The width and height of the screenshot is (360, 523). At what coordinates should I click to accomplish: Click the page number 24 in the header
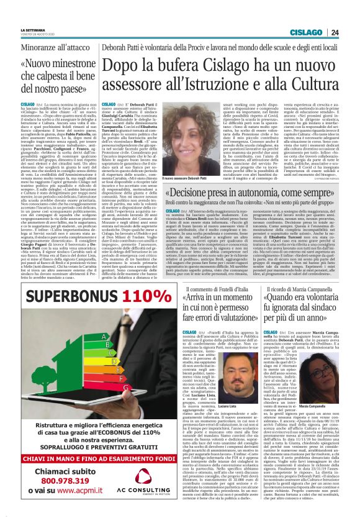(x=351, y=32)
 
